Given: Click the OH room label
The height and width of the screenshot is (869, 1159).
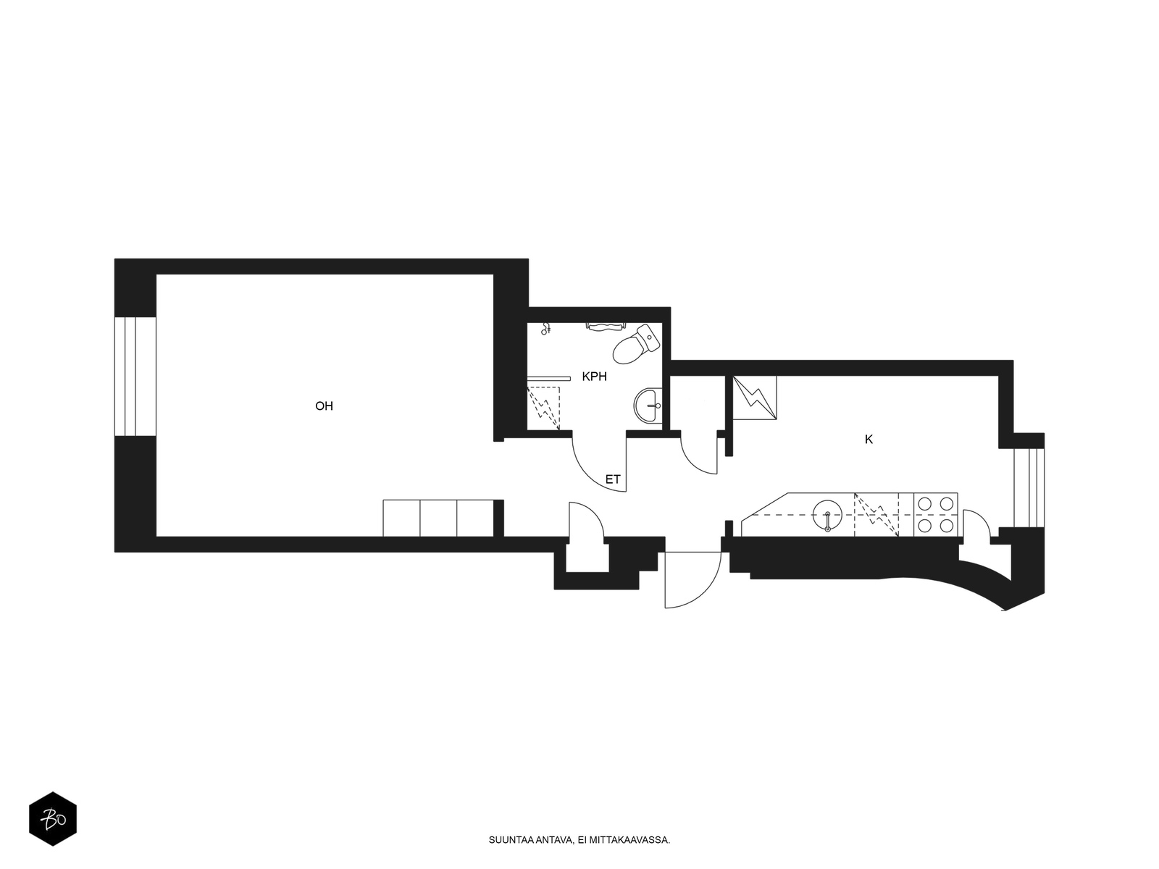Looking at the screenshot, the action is coord(324,406).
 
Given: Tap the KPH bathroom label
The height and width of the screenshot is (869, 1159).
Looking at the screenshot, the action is coord(594,377).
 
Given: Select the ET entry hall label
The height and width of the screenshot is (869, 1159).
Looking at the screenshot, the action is coord(613,479).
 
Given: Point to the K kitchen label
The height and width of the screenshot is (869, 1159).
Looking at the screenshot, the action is coord(869,439).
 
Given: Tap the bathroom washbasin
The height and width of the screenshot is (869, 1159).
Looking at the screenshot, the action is coord(648,406).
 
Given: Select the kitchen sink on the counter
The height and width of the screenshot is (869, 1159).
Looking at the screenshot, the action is coord(827,515).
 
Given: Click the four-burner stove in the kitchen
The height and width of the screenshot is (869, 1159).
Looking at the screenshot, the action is coord(936,514).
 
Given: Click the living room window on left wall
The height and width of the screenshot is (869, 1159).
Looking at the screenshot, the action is coord(135,376).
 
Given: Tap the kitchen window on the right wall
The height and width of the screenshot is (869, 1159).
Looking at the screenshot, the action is coord(1029,487).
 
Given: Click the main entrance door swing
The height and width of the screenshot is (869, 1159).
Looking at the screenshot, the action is coord(693,580).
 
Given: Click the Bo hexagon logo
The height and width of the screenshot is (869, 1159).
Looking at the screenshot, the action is coord(53,819).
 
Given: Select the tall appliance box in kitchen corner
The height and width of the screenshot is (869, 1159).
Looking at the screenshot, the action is coord(755,398).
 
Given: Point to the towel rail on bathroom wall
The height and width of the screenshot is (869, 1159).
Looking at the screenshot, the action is coord(605,327).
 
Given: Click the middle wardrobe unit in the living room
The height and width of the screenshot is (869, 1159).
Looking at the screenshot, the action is coord(438,518).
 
